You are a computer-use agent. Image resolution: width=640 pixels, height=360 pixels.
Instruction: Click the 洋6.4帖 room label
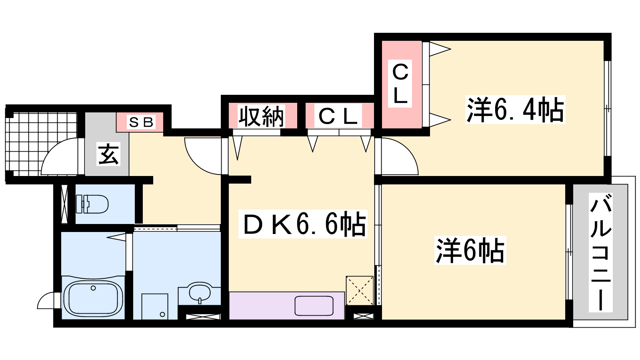pos(515,110)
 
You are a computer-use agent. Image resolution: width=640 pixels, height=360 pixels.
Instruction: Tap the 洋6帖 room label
pos(470,250)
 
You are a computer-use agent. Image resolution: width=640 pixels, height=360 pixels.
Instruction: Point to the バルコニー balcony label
pos(600,252)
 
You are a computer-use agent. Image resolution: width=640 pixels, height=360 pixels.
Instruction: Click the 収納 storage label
pos(262,116)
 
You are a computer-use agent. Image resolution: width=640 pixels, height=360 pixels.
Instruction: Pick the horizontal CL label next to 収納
pos(338,116)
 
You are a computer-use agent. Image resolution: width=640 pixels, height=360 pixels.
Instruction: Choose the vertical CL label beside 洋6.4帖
pos(400,83)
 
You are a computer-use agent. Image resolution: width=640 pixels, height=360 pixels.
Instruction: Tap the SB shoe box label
pos(141,122)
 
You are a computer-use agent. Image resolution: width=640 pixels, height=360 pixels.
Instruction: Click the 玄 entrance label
pos(108,154)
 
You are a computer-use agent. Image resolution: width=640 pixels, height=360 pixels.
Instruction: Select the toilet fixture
pos(92,204)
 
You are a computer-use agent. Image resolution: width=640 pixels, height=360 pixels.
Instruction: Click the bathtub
pos(93,298)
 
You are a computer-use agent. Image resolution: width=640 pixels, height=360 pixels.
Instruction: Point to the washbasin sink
pos(200,292)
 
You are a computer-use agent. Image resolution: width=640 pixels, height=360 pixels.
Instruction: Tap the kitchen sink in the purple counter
pos(314,306)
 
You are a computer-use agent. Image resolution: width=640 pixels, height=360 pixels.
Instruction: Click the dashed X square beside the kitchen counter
pos(360,290)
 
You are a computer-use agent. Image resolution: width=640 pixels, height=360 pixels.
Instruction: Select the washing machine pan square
pos(154,306)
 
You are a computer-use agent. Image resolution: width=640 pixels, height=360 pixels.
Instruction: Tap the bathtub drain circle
pos(93,288)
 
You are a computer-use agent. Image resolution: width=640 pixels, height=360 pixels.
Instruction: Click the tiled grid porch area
pos(42,144)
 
